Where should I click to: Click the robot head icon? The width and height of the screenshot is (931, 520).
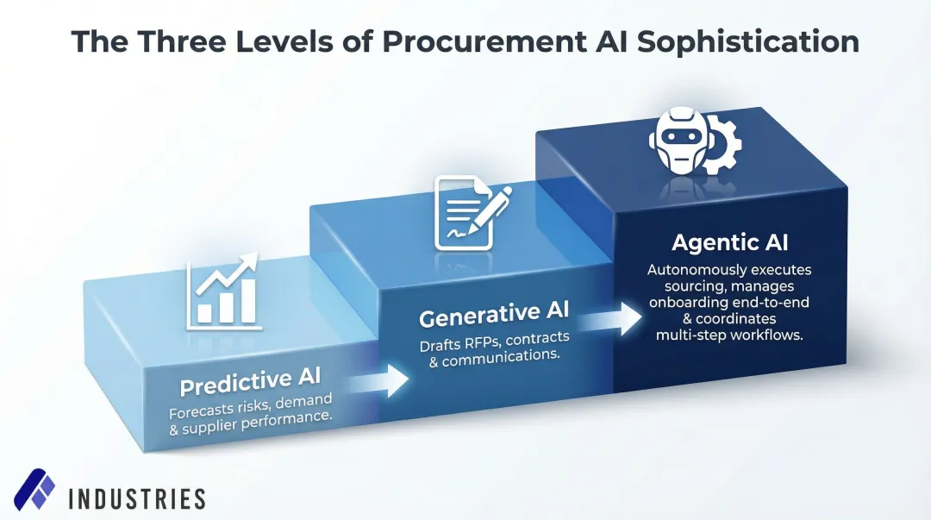(x=678, y=141)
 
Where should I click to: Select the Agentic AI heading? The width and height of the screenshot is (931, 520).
(x=730, y=243)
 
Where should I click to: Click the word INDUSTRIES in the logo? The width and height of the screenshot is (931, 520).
(x=136, y=498)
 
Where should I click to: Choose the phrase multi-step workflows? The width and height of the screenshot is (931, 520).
(x=729, y=335)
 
